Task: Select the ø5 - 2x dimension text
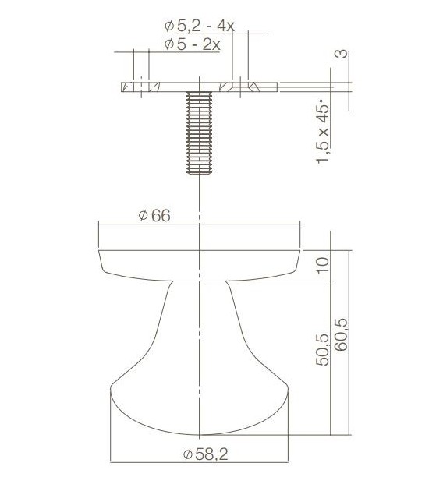tap(193, 44)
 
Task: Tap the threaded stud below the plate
tap(200, 132)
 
